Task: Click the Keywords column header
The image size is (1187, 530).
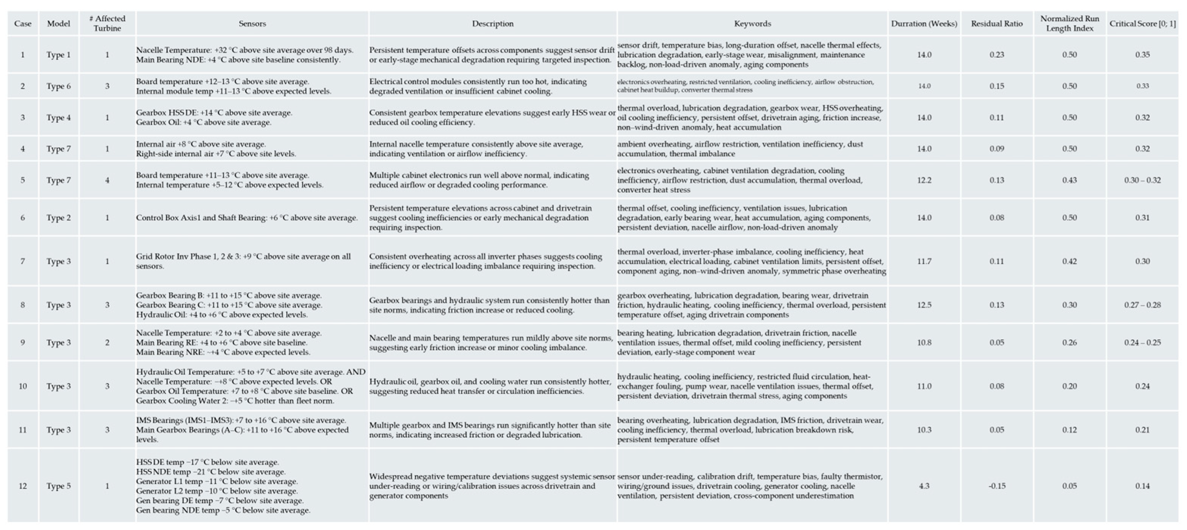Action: click(x=752, y=24)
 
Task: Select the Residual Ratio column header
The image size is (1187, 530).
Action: click(x=997, y=24)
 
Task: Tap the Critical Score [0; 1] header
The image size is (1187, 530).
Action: click(x=1142, y=24)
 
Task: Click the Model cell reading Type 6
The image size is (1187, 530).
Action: click(x=58, y=86)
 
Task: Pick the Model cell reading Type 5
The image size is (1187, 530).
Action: click(x=58, y=486)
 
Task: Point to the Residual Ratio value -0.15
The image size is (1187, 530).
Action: click(x=997, y=486)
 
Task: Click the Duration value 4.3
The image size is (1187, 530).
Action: click(x=924, y=486)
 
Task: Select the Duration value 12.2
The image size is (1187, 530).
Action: click(x=924, y=180)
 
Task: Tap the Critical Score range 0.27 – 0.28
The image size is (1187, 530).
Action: click(x=1142, y=305)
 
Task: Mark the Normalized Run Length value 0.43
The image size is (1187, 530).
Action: click(x=1070, y=180)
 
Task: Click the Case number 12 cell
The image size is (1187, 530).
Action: click(x=23, y=486)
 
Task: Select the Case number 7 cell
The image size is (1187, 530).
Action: click(x=23, y=261)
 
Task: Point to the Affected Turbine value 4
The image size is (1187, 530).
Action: click(x=107, y=180)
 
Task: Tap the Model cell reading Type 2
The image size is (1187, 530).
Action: click(x=58, y=218)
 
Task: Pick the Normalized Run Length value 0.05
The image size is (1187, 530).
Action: click(x=1070, y=486)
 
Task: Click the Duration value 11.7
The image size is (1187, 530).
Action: click(x=924, y=261)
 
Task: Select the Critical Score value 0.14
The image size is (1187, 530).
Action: click(x=1142, y=486)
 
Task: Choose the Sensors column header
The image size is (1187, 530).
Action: click(x=252, y=24)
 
